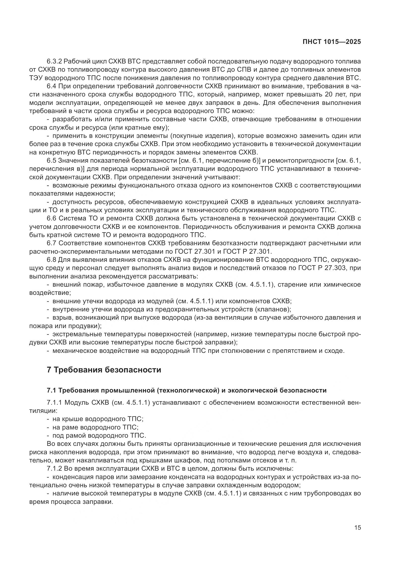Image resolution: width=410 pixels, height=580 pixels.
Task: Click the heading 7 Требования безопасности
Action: tap(104, 370)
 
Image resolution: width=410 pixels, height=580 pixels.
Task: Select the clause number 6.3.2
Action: tap(54, 61)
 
